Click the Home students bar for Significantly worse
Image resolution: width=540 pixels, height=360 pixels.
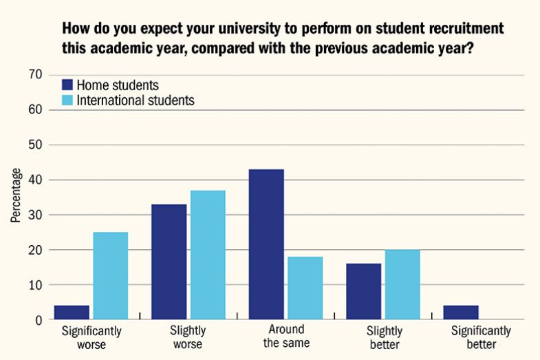click(x=72, y=313)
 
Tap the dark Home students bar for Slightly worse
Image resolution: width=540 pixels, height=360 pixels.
click(x=169, y=262)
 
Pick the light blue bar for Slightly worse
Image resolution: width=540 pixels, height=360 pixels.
click(x=208, y=255)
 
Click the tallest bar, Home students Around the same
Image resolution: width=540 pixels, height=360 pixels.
click(x=266, y=244)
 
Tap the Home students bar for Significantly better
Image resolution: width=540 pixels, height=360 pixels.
click(x=461, y=313)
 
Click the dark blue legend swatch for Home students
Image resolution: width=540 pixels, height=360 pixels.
click(x=67, y=85)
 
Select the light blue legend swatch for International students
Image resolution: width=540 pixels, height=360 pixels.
click(x=67, y=100)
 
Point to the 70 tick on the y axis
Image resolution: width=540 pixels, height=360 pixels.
click(x=36, y=74)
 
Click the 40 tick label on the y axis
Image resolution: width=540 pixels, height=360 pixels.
click(x=36, y=180)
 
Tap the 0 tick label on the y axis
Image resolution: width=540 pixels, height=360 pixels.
click(x=39, y=320)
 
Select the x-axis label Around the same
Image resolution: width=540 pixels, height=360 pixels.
click(x=286, y=337)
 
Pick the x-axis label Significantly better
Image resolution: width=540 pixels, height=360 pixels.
click(x=481, y=337)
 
